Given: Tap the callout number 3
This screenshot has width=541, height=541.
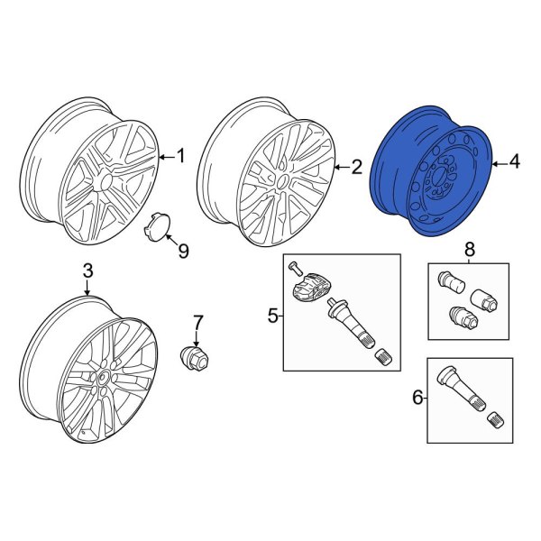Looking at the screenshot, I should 87,270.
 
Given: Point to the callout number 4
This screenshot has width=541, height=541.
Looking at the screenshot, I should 514,162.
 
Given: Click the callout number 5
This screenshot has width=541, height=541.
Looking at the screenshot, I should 272,315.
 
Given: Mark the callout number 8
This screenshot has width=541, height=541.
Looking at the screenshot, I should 469,249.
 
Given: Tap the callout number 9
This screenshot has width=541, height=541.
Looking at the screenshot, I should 183,251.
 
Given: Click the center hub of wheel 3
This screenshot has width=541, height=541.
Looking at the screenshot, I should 102,378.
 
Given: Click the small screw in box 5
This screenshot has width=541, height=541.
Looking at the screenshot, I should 293,267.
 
